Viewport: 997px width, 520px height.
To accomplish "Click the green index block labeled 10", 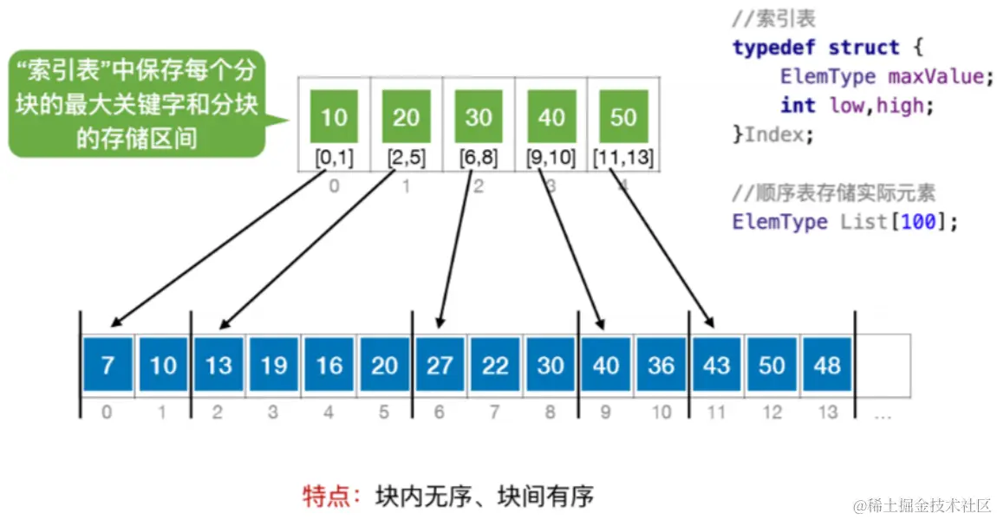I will pyautogui.click(x=334, y=116).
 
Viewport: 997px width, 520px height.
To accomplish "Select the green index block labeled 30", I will pyautogui.click(x=479, y=116).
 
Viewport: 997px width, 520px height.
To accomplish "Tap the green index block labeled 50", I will pyautogui.click(x=623, y=116).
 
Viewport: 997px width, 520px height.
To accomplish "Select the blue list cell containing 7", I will pyautogui.click(x=108, y=365).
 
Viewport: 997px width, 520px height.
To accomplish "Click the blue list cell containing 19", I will pyautogui.click(x=274, y=365).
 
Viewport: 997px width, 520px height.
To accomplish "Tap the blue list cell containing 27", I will pyautogui.click(x=440, y=365).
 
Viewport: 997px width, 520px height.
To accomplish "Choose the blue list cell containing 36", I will pyautogui.click(x=661, y=365).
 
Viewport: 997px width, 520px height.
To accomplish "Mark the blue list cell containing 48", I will pyautogui.click(x=827, y=365).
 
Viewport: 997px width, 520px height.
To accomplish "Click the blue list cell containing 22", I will pyautogui.click(x=495, y=365).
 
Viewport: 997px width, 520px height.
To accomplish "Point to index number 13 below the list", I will pyautogui.click(x=828, y=413).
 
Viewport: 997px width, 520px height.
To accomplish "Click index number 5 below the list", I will pyautogui.click(x=384, y=413).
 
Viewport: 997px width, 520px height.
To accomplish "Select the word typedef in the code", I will pyautogui.click(x=774, y=47).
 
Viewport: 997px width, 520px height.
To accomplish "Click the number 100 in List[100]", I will pyautogui.click(x=918, y=221).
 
